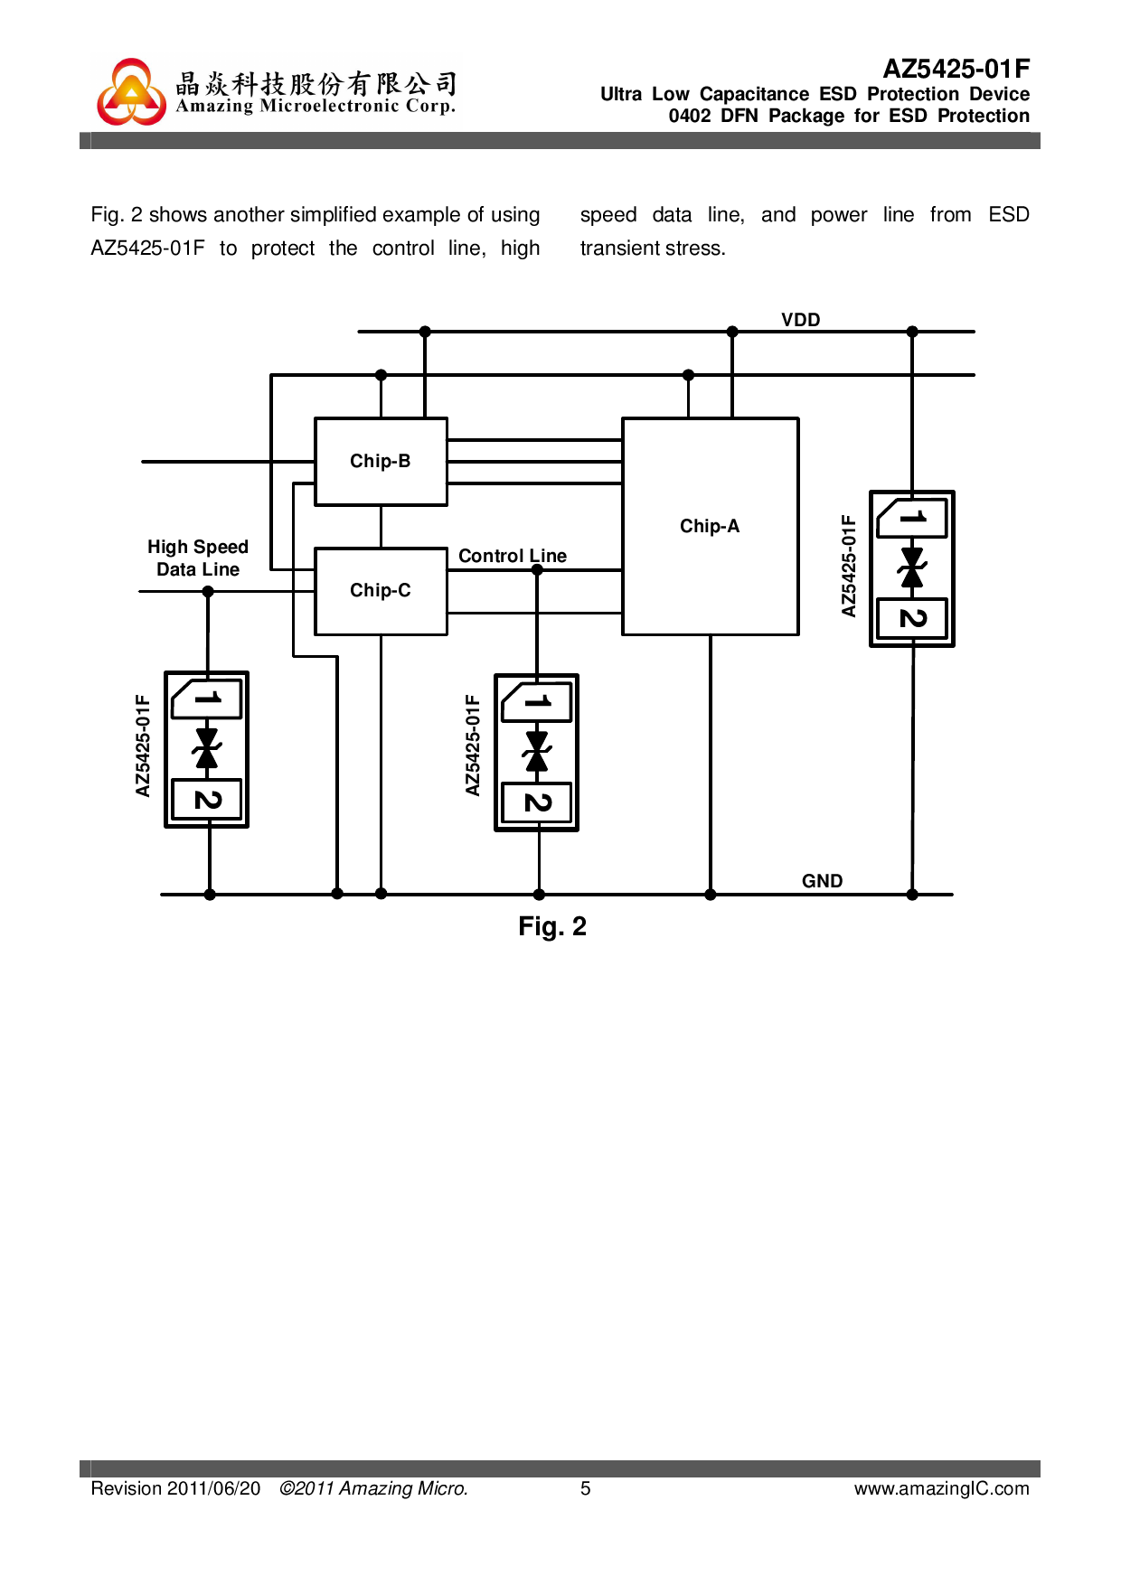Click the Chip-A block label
[x=710, y=526]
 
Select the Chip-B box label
[x=380, y=461]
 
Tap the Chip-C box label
[x=380, y=590]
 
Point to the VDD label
[x=800, y=320]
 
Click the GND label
[x=822, y=881]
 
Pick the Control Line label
[x=513, y=556]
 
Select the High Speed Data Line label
[x=198, y=558]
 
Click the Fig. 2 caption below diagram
[x=552, y=926]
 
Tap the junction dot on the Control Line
[x=537, y=570]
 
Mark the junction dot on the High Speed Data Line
[x=208, y=592]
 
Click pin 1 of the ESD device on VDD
[x=912, y=518]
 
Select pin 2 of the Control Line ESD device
[x=537, y=802]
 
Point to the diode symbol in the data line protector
[x=207, y=748]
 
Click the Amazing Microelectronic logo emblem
[x=132, y=92]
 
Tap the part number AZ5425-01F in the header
[x=956, y=69]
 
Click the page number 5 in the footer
[x=586, y=1488]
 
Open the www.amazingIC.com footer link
[x=941, y=1488]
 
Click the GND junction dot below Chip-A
[x=711, y=895]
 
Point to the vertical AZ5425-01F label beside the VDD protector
[x=848, y=566]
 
